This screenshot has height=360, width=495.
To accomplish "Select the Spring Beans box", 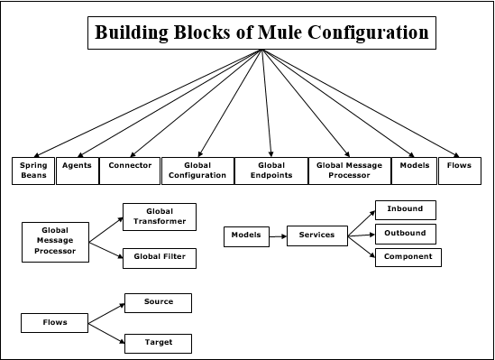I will click(x=34, y=171).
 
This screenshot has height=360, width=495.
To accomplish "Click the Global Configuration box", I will click(x=197, y=171).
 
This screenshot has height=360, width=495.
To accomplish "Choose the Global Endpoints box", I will click(x=270, y=171).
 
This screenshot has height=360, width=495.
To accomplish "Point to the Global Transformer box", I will click(x=158, y=216).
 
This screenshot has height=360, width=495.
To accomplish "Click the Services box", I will click(x=316, y=235).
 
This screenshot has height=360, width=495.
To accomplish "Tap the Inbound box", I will click(x=405, y=210).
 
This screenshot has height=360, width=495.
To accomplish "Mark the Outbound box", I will click(x=405, y=234).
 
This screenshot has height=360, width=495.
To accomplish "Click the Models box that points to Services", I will click(x=245, y=235).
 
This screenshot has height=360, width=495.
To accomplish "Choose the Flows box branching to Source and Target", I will click(x=55, y=322).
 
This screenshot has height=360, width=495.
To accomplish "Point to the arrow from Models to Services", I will click(x=277, y=235).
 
